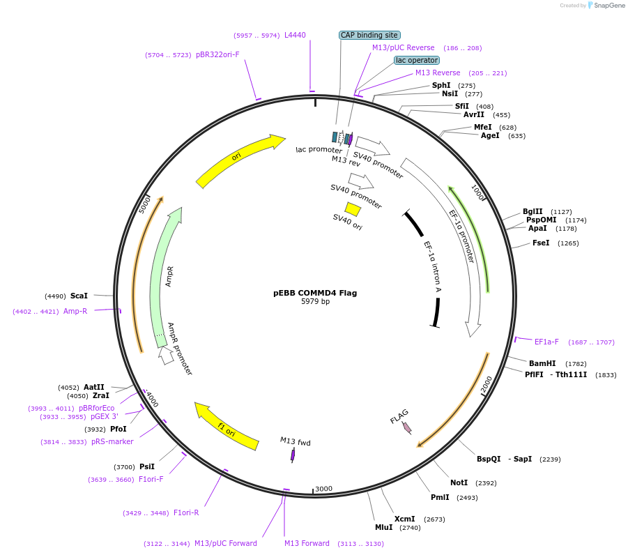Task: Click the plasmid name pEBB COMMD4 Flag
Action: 314,293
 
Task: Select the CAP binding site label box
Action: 369,35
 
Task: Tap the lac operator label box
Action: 417,60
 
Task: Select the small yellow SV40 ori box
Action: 353,208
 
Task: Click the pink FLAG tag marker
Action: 407,428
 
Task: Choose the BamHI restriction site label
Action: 542,363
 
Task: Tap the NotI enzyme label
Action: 459,482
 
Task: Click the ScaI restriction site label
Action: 79,296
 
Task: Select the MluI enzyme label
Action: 384,528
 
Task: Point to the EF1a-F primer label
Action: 546,342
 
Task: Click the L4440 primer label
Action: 295,35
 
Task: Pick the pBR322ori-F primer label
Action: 217,54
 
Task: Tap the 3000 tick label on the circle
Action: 323,489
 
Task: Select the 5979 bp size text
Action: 315,302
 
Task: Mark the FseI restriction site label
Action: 541,243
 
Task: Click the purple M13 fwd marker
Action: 293,455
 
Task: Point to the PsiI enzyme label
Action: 147,466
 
